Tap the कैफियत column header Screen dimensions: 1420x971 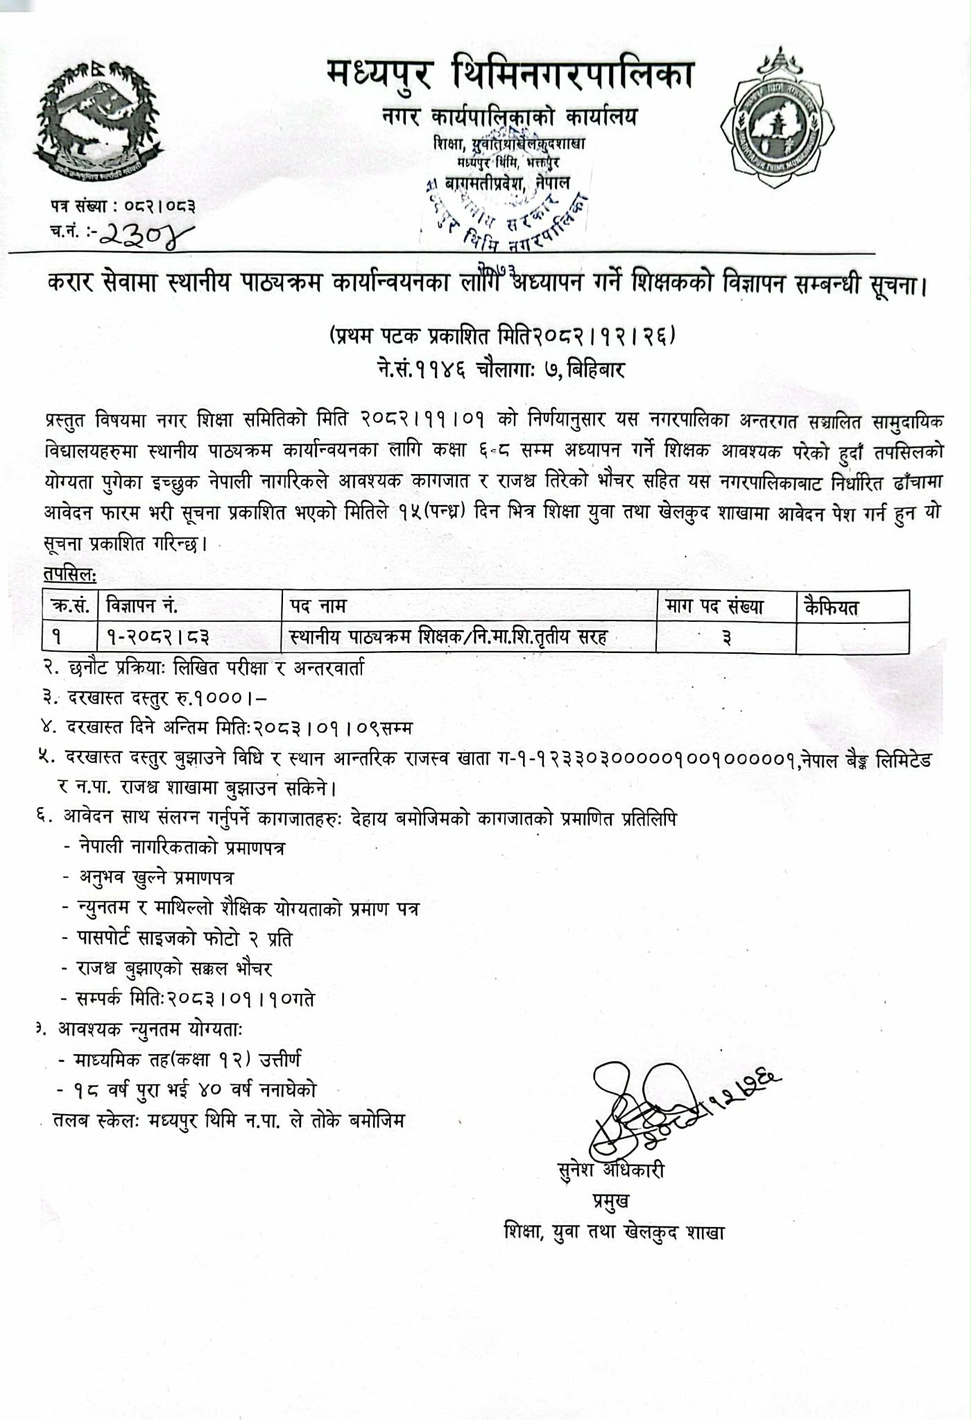pos(831,607)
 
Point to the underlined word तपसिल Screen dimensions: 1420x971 pos(69,575)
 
